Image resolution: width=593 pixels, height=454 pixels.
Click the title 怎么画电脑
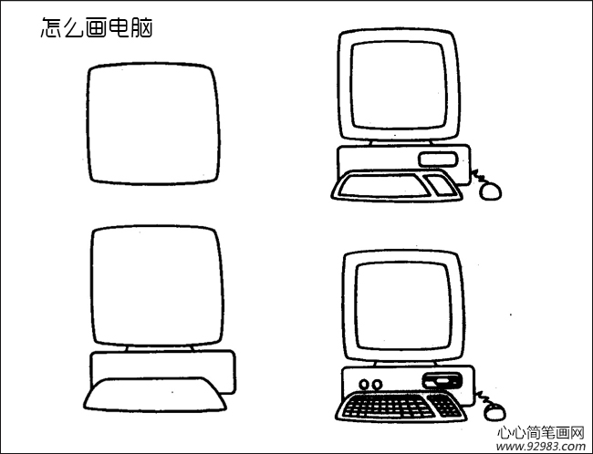tap(97, 27)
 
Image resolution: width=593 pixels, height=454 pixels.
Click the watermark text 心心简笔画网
tap(540, 432)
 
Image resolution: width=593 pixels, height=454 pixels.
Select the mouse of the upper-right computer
tap(491, 191)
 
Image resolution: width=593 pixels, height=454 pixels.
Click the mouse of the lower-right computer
tap(494, 411)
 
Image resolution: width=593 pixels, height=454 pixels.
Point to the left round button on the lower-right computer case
tap(364, 385)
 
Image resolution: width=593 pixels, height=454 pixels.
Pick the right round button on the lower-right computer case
tap(377, 385)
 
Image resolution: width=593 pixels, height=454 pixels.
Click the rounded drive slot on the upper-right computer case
tap(438, 160)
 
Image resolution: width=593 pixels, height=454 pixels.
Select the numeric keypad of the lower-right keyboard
tap(445, 406)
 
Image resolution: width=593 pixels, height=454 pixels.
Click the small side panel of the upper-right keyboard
tap(440, 186)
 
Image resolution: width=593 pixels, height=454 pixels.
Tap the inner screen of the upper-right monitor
tap(398, 86)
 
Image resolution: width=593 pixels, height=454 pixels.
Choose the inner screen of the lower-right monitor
tap(403, 305)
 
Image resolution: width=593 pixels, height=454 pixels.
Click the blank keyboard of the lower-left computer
tap(155, 395)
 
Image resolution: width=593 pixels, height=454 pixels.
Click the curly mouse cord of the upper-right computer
tap(476, 177)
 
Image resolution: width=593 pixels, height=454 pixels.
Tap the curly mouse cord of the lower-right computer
tap(483, 397)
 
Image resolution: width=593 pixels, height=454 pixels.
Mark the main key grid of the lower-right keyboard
tap(387, 407)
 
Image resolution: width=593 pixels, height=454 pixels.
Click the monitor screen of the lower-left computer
tap(157, 286)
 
